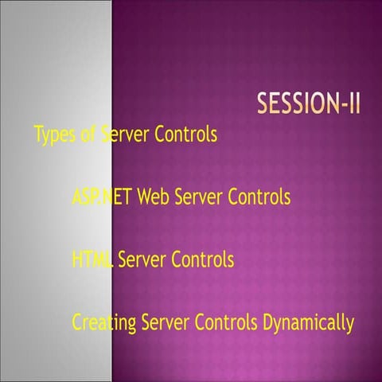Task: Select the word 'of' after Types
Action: [89, 134]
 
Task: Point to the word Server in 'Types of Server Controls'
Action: [126, 134]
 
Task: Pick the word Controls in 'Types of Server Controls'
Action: [185, 134]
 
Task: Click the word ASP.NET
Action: [103, 197]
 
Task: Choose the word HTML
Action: [92, 259]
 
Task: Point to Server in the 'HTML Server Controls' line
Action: [143, 259]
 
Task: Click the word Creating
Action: [103, 324]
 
